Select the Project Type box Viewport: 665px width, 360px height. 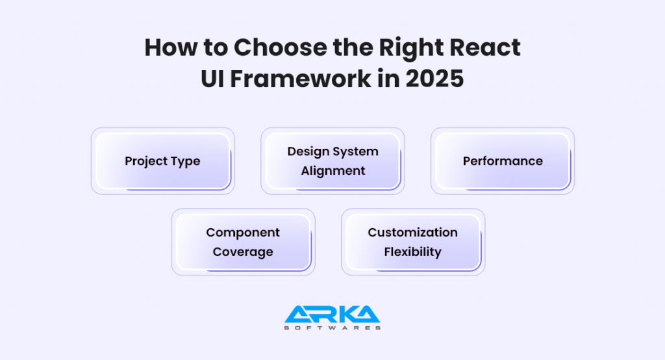click(x=162, y=161)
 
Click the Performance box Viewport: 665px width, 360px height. click(x=503, y=161)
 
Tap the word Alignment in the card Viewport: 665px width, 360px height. click(x=332, y=171)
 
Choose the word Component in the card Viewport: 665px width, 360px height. click(x=243, y=233)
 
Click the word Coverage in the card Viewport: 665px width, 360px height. click(x=243, y=252)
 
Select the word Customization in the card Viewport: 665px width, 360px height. click(x=412, y=233)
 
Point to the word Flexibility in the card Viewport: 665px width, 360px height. click(x=412, y=252)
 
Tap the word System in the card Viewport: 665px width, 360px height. click(x=357, y=151)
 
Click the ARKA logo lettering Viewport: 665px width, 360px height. click(x=332, y=315)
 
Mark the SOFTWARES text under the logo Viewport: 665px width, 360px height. click(x=332, y=328)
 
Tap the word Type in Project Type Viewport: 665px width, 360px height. click(x=185, y=161)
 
